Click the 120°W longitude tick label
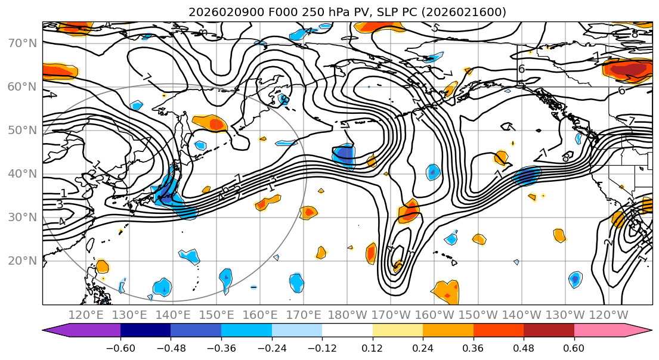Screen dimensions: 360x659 click(608, 315)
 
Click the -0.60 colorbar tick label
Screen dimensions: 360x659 click(120, 347)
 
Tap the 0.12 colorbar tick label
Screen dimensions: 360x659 click(372, 347)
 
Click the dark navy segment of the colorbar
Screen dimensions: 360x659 click(145, 331)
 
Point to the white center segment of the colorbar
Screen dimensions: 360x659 click(347, 331)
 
